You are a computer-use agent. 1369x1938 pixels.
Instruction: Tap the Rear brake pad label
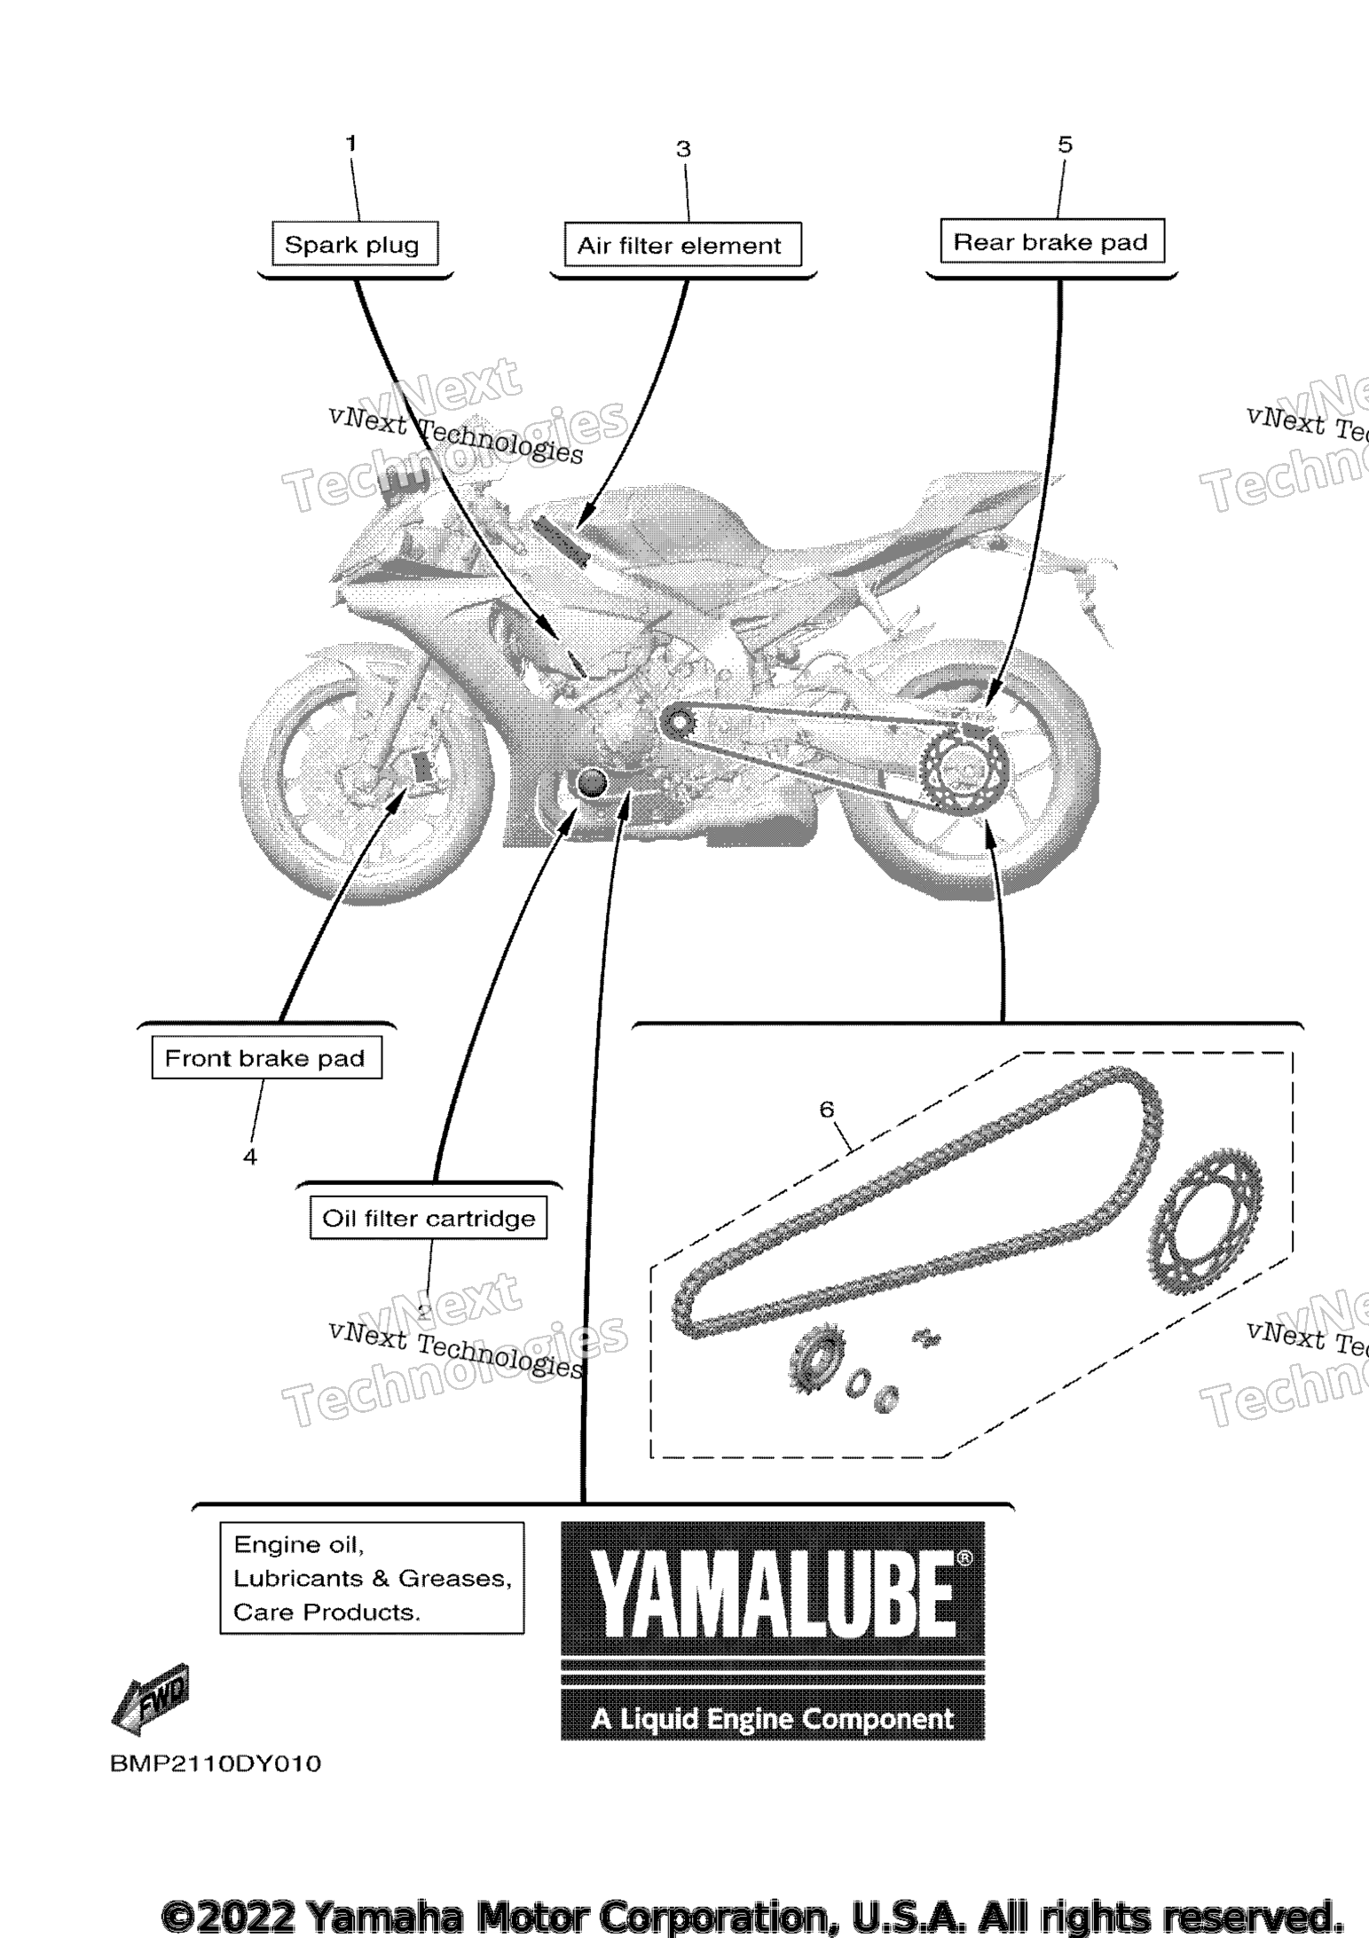(x=1051, y=241)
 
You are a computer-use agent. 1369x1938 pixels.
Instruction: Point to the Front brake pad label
(x=266, y=1057)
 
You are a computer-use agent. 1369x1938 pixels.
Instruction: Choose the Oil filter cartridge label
(x=429, y=1218)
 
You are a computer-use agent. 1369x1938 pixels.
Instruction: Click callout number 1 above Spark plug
(x=351, y=143)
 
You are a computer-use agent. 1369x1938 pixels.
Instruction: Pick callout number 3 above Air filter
(x=683, y=149)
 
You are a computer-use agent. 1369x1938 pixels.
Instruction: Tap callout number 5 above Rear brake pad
(x=1066, y=145)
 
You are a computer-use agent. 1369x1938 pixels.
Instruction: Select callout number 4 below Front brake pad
(x=250, y=1157)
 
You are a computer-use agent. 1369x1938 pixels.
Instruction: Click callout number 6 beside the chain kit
(x=827, y=1109)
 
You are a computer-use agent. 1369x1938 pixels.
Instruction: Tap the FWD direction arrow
(x=151, y=1699)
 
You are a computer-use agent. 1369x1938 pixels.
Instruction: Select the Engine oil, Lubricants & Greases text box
(x=372, y=1578)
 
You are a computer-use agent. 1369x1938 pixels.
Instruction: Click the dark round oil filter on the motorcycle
(x=591, y=781)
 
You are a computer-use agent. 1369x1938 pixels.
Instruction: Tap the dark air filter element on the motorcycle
(x=561, y=541)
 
